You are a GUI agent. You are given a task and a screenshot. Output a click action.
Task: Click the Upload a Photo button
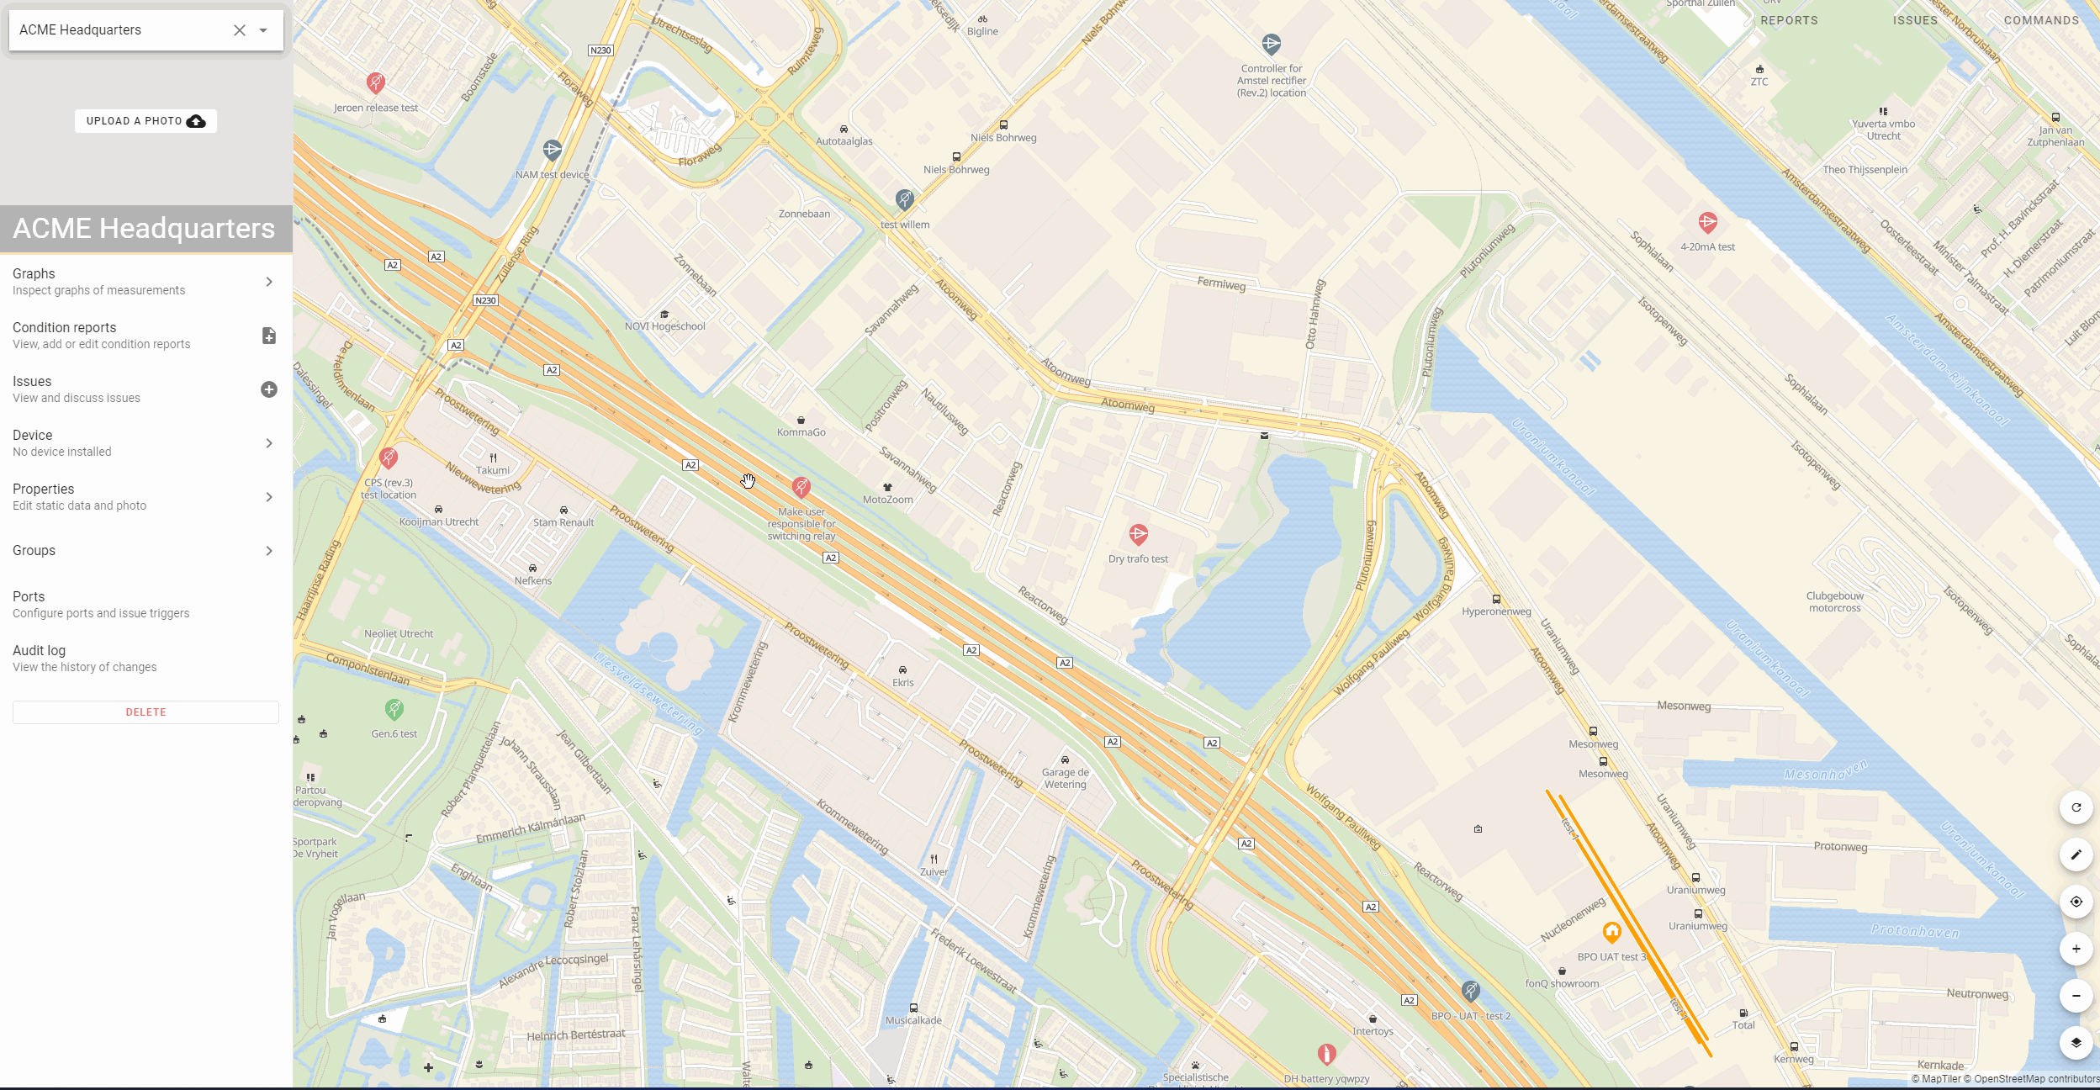pos(145,121)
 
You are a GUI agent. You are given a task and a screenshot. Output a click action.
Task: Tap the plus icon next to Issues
pos(269,389)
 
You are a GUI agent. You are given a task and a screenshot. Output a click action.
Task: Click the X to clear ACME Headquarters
pos(240,30)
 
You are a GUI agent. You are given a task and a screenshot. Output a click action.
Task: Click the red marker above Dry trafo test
pos(1138,534)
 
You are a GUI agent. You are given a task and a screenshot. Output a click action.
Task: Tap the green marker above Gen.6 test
pos(394,709)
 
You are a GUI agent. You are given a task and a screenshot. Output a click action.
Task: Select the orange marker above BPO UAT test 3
pos(1611,932)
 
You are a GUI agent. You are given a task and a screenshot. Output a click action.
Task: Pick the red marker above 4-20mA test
pos(1707,223)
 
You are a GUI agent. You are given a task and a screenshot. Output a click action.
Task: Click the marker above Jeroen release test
pos(376,82)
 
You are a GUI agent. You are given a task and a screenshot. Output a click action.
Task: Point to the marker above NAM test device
pos(552,151)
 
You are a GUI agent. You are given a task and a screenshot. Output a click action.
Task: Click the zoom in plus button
pos(2076,949)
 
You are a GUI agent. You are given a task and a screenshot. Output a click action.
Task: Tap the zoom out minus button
pos(2076,996)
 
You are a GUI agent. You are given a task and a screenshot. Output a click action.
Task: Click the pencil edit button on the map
pos(2076,855)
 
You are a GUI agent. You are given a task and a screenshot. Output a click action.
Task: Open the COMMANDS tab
pos(2041,20)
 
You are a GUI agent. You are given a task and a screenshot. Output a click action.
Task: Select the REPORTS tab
pos(1789,20)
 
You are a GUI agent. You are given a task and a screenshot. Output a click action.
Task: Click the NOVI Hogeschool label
pos(665,326)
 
